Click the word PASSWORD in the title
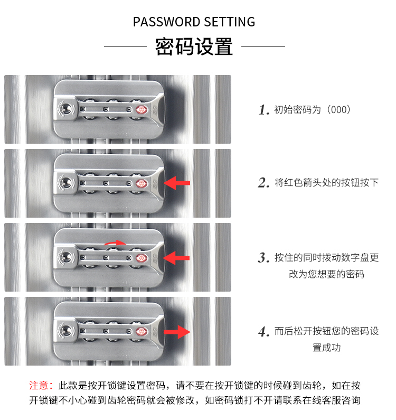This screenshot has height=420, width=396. (166, 22)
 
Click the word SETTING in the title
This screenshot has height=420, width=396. (230, 22)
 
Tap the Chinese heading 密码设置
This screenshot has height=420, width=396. (194, 46)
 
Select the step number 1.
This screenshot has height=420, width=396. (264, 110)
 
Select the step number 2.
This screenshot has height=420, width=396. (263, 183)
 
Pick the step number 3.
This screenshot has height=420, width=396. (263, 258)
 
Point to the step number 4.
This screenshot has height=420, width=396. (264, 332)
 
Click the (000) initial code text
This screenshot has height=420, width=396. (338, 109)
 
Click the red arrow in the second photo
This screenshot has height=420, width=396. (177, 183)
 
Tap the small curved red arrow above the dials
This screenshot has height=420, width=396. (115, 242)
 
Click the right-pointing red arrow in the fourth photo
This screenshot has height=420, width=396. (177, 332)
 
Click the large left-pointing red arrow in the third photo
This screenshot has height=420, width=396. (176, 258)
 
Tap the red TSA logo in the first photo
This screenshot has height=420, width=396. (141, 110)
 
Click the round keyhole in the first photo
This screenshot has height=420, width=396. (66, 109)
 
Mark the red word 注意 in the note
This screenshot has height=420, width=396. (39, 386)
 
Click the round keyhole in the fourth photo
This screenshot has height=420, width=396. (66, 331)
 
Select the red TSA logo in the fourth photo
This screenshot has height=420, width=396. (141, 332)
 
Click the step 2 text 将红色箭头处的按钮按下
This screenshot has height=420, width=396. (327, 182)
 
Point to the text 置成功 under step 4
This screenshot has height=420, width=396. (327, 348)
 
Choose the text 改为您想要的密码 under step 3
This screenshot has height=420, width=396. (327, 274)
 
